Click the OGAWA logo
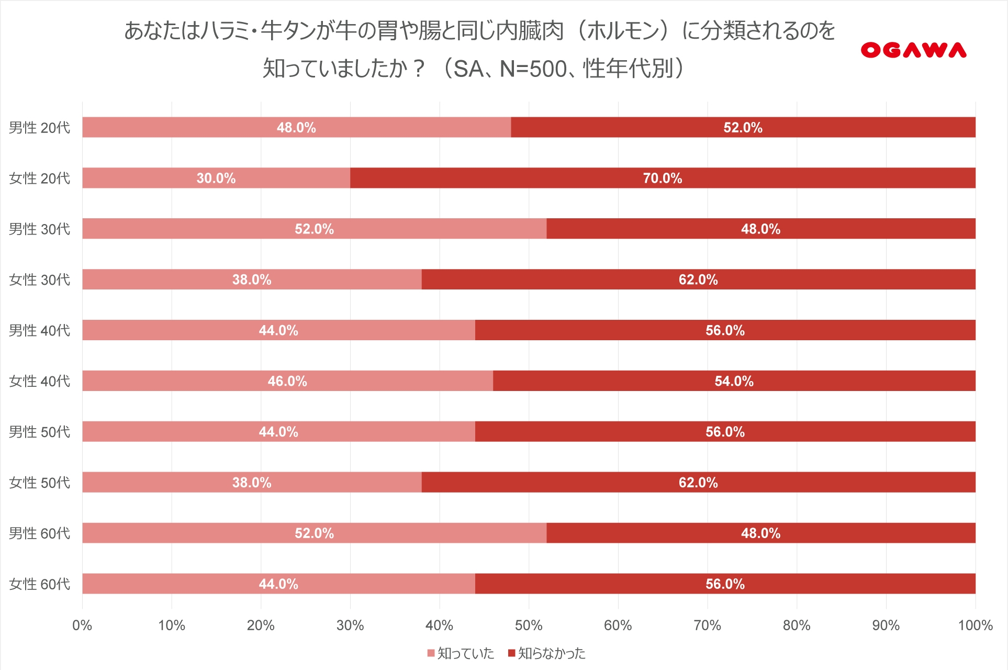point(913,50)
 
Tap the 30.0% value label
point(216,178)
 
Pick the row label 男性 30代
point(39,229)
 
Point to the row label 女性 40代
point(39,381)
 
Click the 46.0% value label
point(287,381)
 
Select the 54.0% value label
point(734,381)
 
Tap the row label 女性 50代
point(39,483)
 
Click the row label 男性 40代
point(39,330)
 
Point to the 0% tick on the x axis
point(82,626)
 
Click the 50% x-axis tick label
point(529,626)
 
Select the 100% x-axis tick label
point(975,626)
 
